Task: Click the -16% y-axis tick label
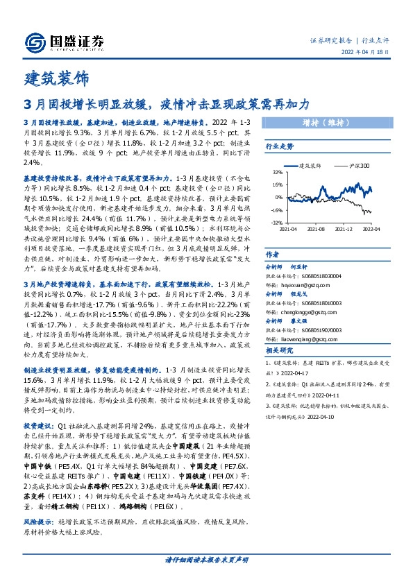276,209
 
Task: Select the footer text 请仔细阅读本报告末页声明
207,559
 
